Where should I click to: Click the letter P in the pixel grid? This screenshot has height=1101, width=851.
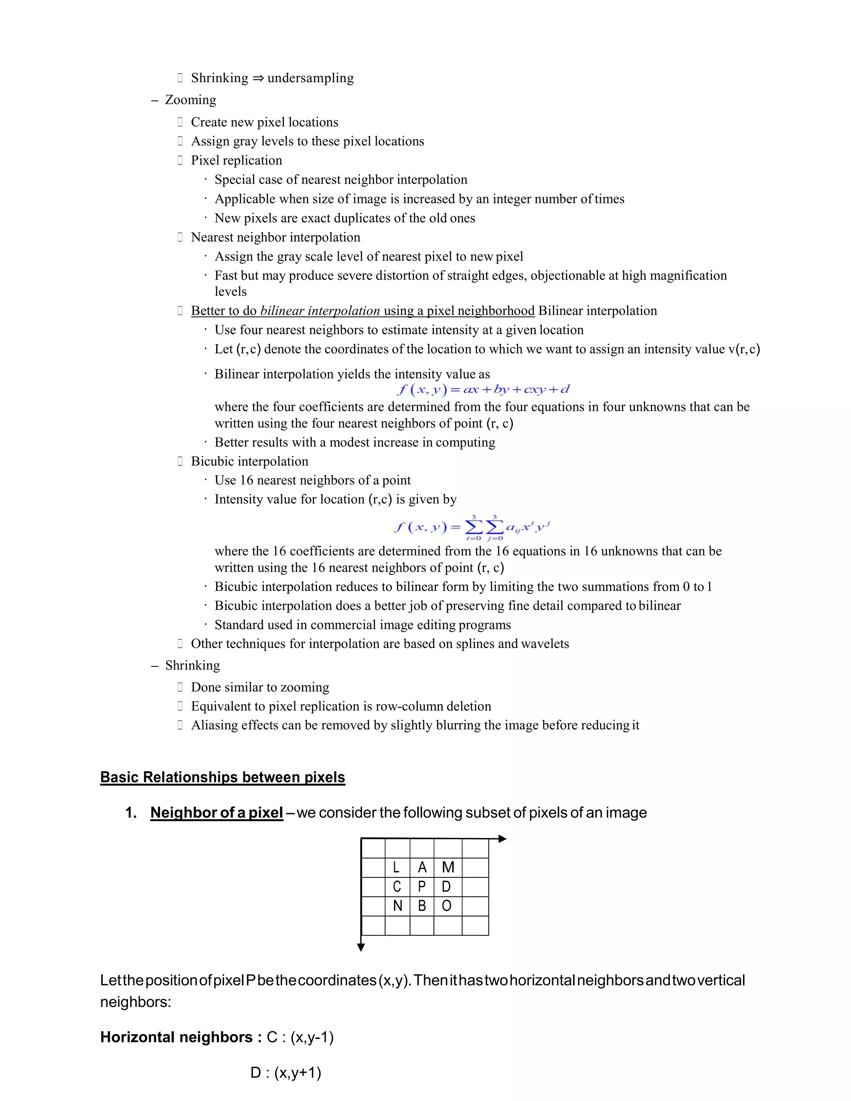[422, 887]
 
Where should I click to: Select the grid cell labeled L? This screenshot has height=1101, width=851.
[397, 867]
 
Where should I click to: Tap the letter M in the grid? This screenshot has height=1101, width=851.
[448, 867]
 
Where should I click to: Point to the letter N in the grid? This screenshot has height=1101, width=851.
[397, 906]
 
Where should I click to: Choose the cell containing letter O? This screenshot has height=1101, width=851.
[447, 906]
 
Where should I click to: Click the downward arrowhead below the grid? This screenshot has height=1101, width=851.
[361, 948]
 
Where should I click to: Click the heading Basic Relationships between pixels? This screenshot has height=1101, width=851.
[222, 777]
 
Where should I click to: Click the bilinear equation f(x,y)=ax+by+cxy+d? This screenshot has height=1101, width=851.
[483, 389]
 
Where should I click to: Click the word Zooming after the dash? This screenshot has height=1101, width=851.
[191, 100]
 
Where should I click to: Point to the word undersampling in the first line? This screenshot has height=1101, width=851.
[310, 78]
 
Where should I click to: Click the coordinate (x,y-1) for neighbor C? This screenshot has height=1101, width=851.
[312, 1037]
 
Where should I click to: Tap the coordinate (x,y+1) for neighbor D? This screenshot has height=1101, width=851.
[298, 1072]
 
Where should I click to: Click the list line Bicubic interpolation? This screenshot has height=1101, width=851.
[250, 461]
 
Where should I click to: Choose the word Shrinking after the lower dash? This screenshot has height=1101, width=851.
[192, 666]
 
